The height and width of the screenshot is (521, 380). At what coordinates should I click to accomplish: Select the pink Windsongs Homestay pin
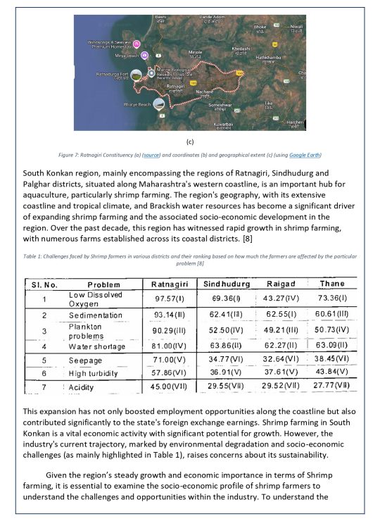pyautogui.click(x=138, y=44)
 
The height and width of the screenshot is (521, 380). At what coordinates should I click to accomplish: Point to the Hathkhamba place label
pyautogui.click(x=269, y=60)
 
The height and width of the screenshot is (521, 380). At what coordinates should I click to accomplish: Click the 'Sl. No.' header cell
pyautogui.click(x=44, y=284)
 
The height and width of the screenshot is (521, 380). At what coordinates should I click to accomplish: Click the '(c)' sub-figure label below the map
pyautogui.click(x=189, y=141)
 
